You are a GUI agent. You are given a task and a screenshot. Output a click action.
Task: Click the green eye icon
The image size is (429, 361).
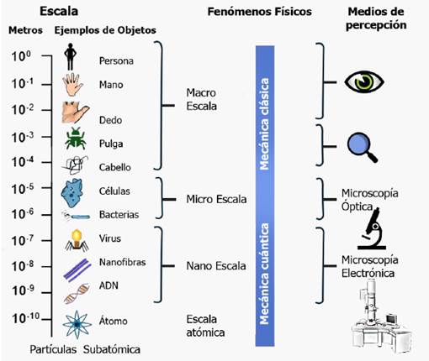click(364, 81)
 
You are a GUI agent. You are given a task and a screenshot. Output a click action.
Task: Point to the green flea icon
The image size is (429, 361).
click(73, 139)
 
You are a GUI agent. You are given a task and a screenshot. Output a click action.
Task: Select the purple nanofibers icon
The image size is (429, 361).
click(73, 267)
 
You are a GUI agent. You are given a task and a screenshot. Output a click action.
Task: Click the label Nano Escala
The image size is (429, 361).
click(216, 266)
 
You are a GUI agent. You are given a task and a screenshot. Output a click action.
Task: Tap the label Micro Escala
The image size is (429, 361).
click(216, 200)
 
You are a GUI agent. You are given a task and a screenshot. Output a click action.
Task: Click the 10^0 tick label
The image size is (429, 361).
click(24, 55)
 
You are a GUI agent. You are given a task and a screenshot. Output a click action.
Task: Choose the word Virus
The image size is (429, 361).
click(110, 238)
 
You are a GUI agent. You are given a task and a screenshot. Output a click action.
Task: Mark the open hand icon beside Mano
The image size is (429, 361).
click(72, 84)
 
